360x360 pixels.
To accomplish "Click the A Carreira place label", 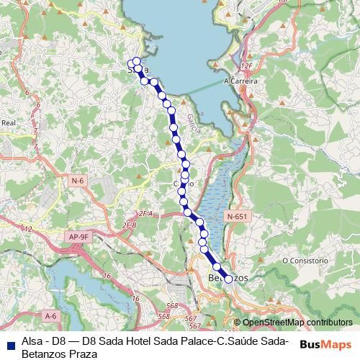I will coord(241,81).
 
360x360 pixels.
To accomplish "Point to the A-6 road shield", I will coord(50,315).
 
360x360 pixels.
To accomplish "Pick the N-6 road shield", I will coord(78,179).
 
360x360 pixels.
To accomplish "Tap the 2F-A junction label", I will coord(147,214).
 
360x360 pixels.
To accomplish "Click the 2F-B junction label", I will coord(129,225).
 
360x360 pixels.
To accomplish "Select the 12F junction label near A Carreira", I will coord(248,66).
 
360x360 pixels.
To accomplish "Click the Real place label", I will coord(9,123).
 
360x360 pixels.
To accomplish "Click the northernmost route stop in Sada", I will coord(136,61).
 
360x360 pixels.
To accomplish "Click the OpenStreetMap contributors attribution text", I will coord(297,323).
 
